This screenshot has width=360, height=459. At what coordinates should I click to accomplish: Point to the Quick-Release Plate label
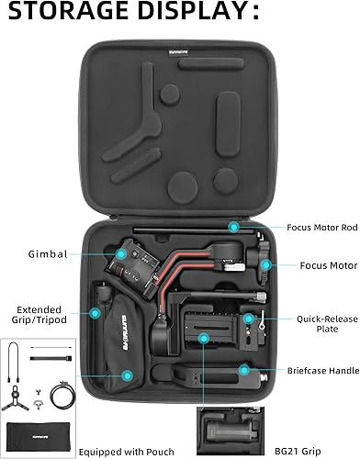(323, 324)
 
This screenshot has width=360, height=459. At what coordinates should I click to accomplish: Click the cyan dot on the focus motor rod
(235, 224)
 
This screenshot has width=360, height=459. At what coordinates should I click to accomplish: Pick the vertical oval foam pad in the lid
(229, 117)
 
